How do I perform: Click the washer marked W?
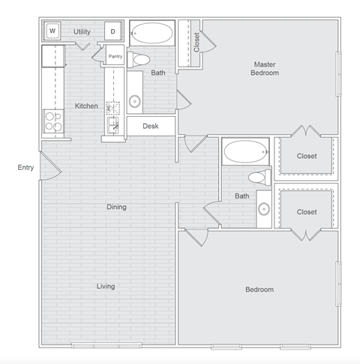click(53, 31)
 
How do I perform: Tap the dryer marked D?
click(113, 31)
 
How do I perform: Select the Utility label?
click(82, 31)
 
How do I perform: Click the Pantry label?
click(115, 56)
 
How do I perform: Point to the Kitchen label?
click(86, 106)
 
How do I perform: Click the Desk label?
click(150, 126)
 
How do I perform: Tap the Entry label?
click(25, 167)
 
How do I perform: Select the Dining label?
click(116, 207)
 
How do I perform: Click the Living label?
click(106, 286)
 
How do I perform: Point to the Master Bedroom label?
click(265, 69)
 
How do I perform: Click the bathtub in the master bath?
click(153, 33)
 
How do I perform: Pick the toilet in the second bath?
click(258, 178)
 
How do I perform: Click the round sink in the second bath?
click(264, 209)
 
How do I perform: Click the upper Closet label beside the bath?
click(307, 156)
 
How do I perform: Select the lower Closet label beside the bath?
click(307, 212)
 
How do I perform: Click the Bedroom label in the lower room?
click(259, 289)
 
